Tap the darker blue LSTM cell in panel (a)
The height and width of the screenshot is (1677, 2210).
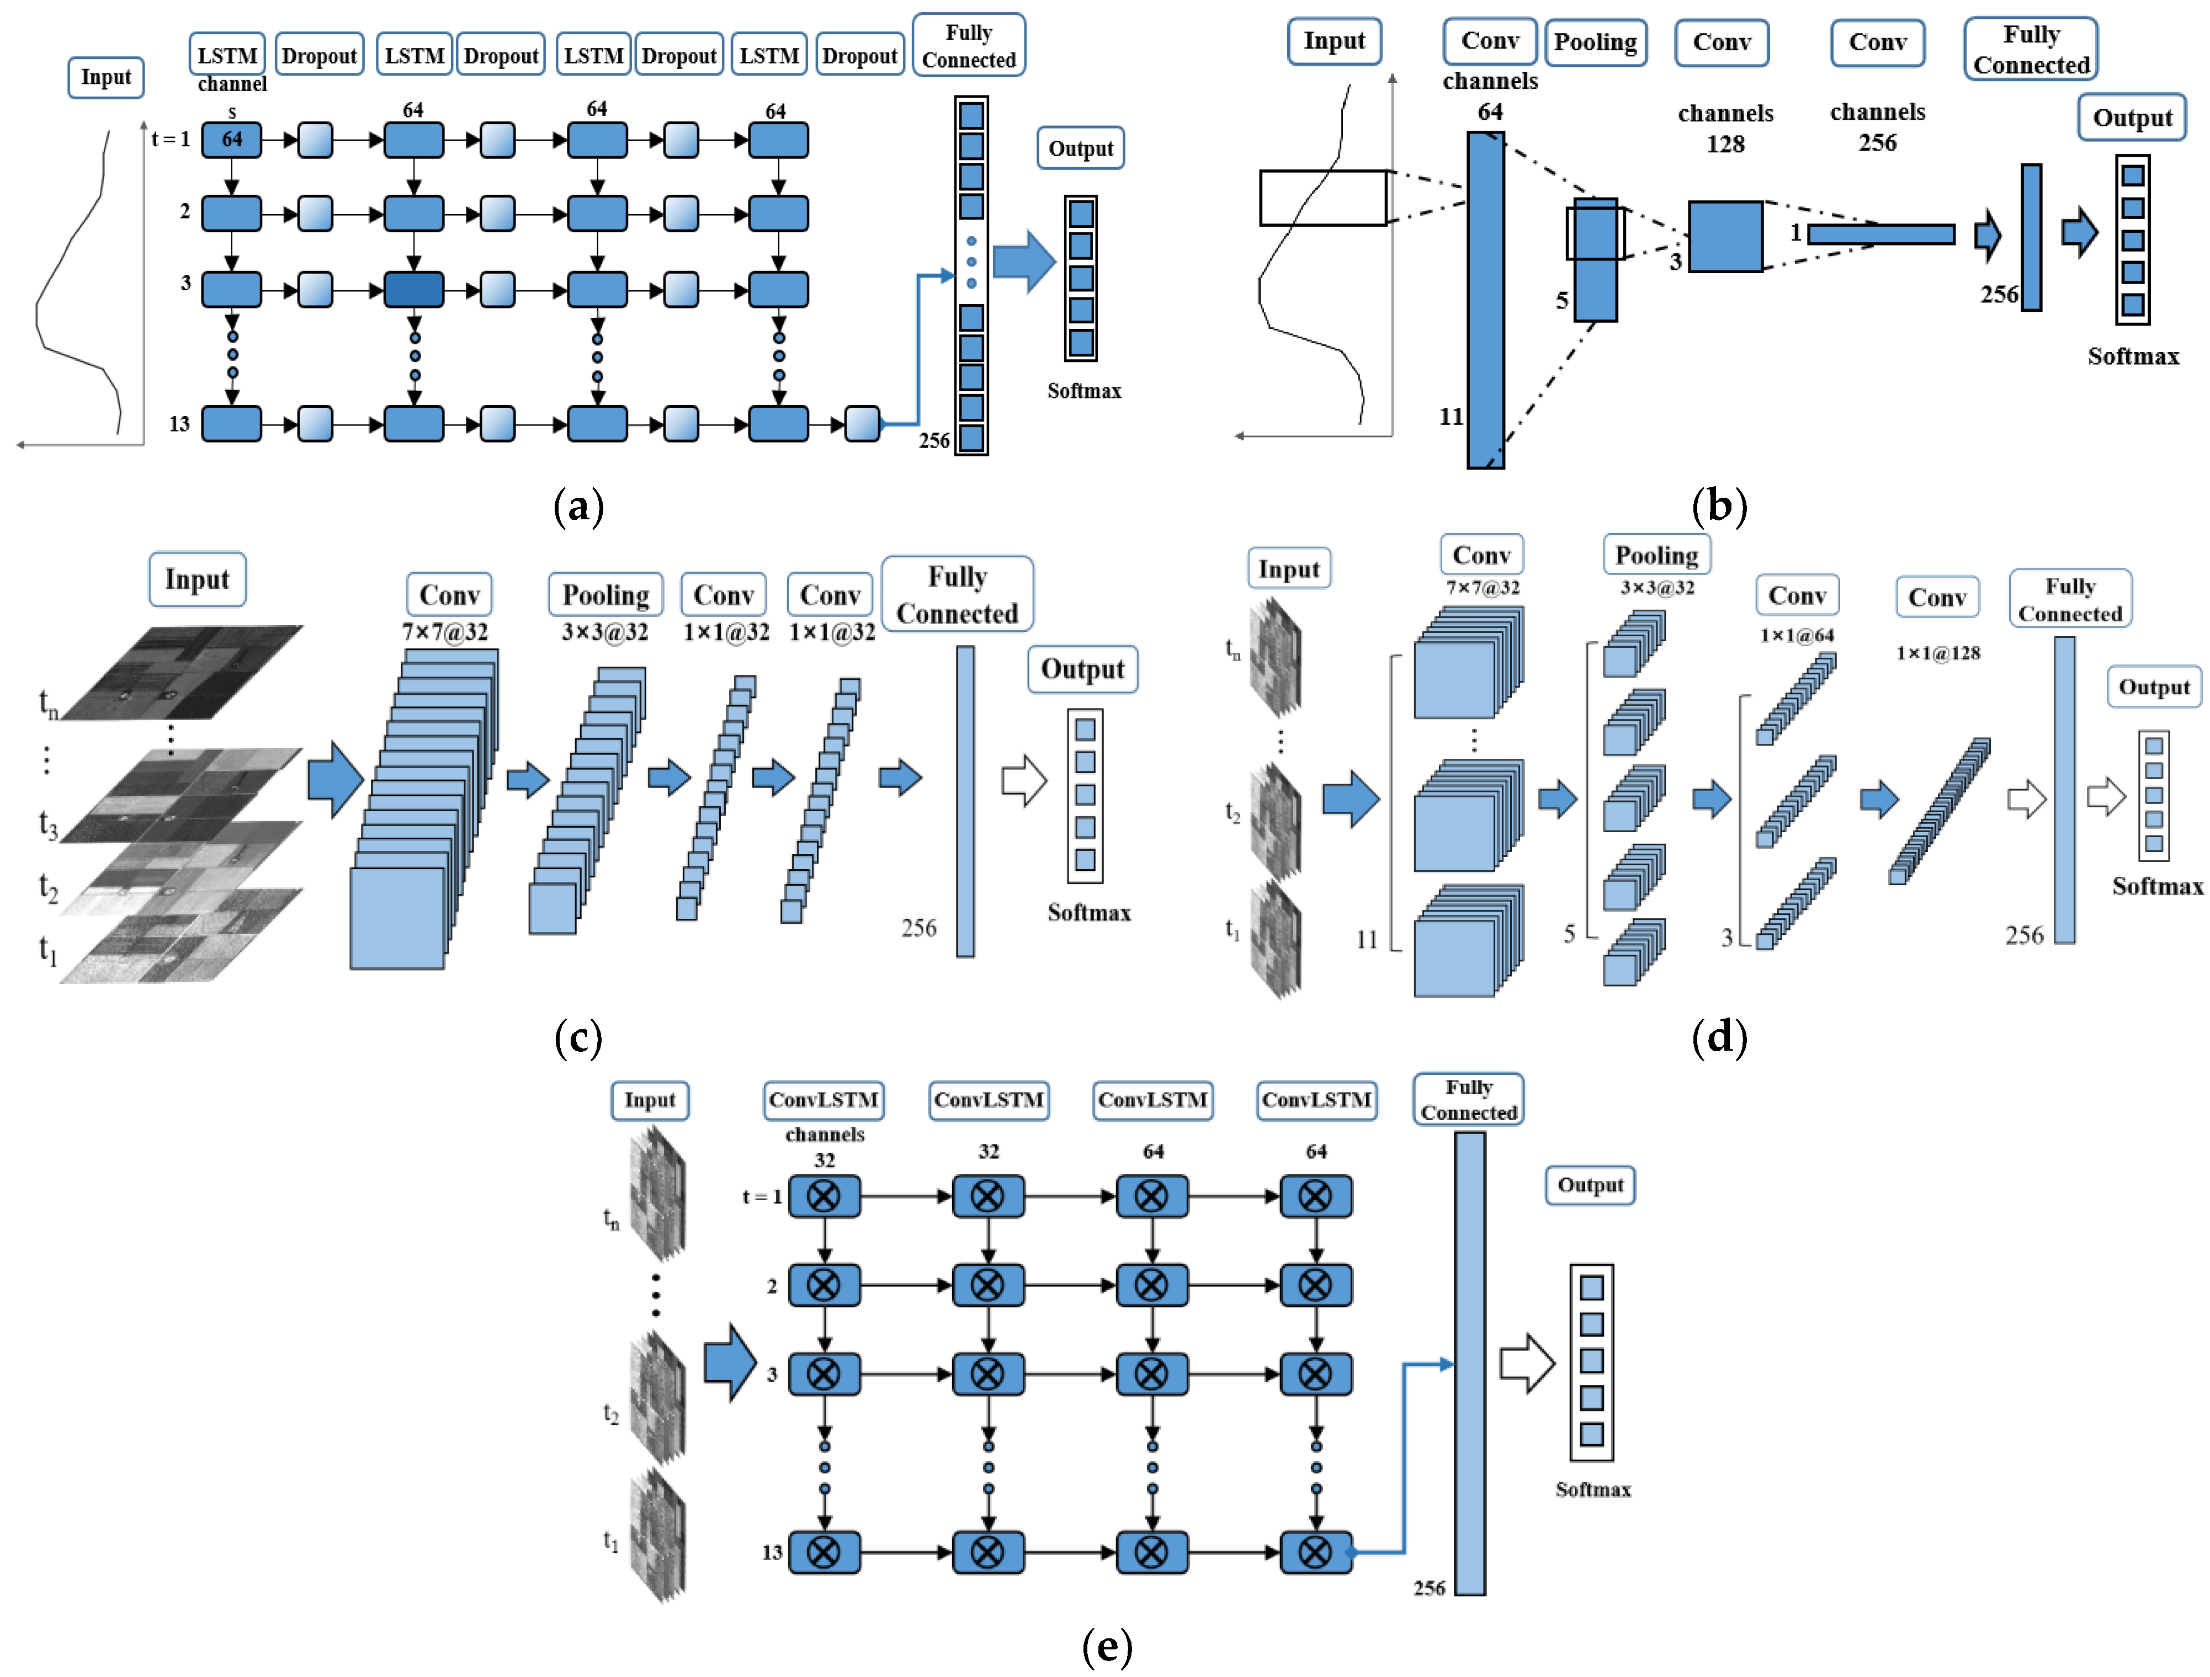[x=413, y=290]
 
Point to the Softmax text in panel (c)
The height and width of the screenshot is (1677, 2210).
[x=1088, y=912]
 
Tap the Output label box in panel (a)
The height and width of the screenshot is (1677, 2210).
[x=1080, y=149]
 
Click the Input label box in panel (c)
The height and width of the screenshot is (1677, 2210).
[x=197, y=579]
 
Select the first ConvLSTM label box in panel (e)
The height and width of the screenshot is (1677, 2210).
[x=824, y=1100]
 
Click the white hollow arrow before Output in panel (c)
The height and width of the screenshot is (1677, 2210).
[x=1024, y=780]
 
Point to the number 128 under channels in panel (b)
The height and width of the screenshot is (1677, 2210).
[x=1725, y=144]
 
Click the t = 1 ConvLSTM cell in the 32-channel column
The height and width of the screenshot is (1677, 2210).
[x=824, y=1196]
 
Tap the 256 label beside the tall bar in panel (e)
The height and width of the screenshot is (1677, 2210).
[x=1428, y=1587]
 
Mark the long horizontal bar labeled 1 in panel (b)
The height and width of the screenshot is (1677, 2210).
[x=1880, y=235]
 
